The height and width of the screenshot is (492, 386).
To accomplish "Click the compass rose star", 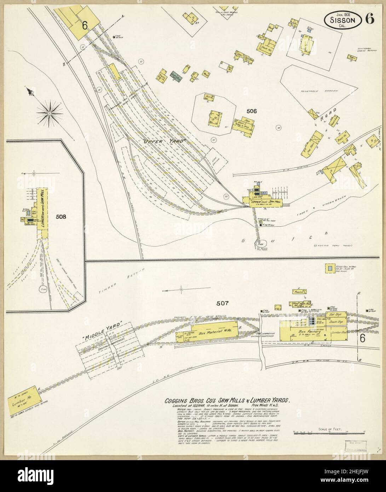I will [50, 113].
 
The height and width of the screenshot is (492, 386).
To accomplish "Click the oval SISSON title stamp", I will [342, 20].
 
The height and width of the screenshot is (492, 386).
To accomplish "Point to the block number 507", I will [223, 303].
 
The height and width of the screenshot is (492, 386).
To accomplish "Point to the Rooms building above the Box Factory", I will [299, 291].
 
